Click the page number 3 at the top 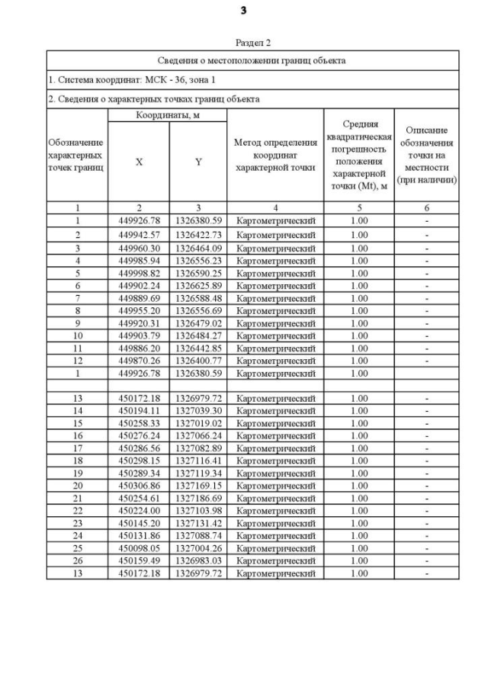click(x=243, y=11)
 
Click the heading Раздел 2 click(x=252, y=43)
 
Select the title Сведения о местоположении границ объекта click(x=252, y=59)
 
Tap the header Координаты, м click(x=167, y=115)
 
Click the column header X click(x=138, y=162)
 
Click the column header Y click(x=197, y=162)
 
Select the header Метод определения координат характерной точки click(x=275, y=155)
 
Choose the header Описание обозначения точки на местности click(x=427, y=155)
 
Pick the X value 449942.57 click(x=138, y=235)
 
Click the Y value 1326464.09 click(x=197, y=249)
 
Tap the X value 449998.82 click(x=138, y=273)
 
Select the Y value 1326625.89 click(x=197, y=285)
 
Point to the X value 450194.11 click(x=138, y=410)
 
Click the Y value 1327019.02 click(x=197, y=422)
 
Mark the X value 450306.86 click(x=138, y=485)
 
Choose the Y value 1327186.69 click(x=197, y=497)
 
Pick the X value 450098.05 click(x=138, y=547)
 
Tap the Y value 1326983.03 click(x=197, y=560)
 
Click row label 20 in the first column click(x=77, y=485)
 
